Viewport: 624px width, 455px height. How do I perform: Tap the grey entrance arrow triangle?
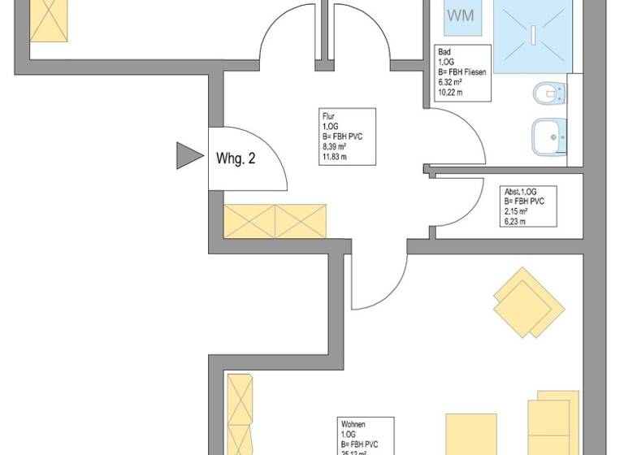tap(188, 155)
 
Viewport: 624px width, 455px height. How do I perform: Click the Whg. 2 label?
tap(236, 158)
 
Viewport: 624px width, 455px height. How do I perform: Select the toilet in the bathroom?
tap(550, 94)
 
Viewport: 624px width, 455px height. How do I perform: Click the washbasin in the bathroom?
tap(549, 136)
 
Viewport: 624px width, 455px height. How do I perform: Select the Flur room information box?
tap(347, 136)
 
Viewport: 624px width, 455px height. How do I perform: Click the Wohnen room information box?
tap(366, 435)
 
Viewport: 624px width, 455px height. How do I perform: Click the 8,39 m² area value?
tap(335, 146)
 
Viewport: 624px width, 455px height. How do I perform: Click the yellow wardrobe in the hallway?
tap(275, 220)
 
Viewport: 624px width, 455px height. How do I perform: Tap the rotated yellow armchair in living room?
tap(530, 303)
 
